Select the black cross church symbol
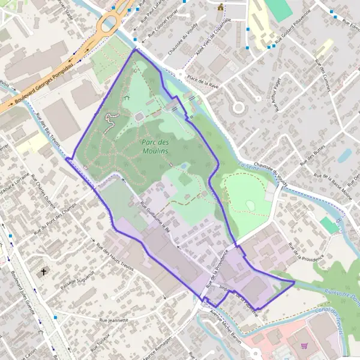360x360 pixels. pyautogui.click(x=43, y=272)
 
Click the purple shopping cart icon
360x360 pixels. pyautogui.click(x=305, y=346)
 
